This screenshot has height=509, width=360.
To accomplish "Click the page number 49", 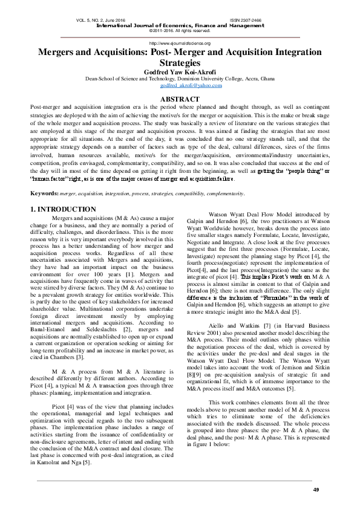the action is click(315, 488).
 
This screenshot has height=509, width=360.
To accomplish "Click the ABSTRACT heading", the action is click(180, 99).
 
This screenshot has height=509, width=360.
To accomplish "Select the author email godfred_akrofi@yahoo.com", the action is click(179, 86).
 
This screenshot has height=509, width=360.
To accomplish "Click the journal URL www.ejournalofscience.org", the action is click(180, 44).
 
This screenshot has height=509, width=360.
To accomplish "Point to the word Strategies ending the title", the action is click(180, 63).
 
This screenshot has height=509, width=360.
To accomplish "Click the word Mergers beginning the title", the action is click(57, 53).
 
